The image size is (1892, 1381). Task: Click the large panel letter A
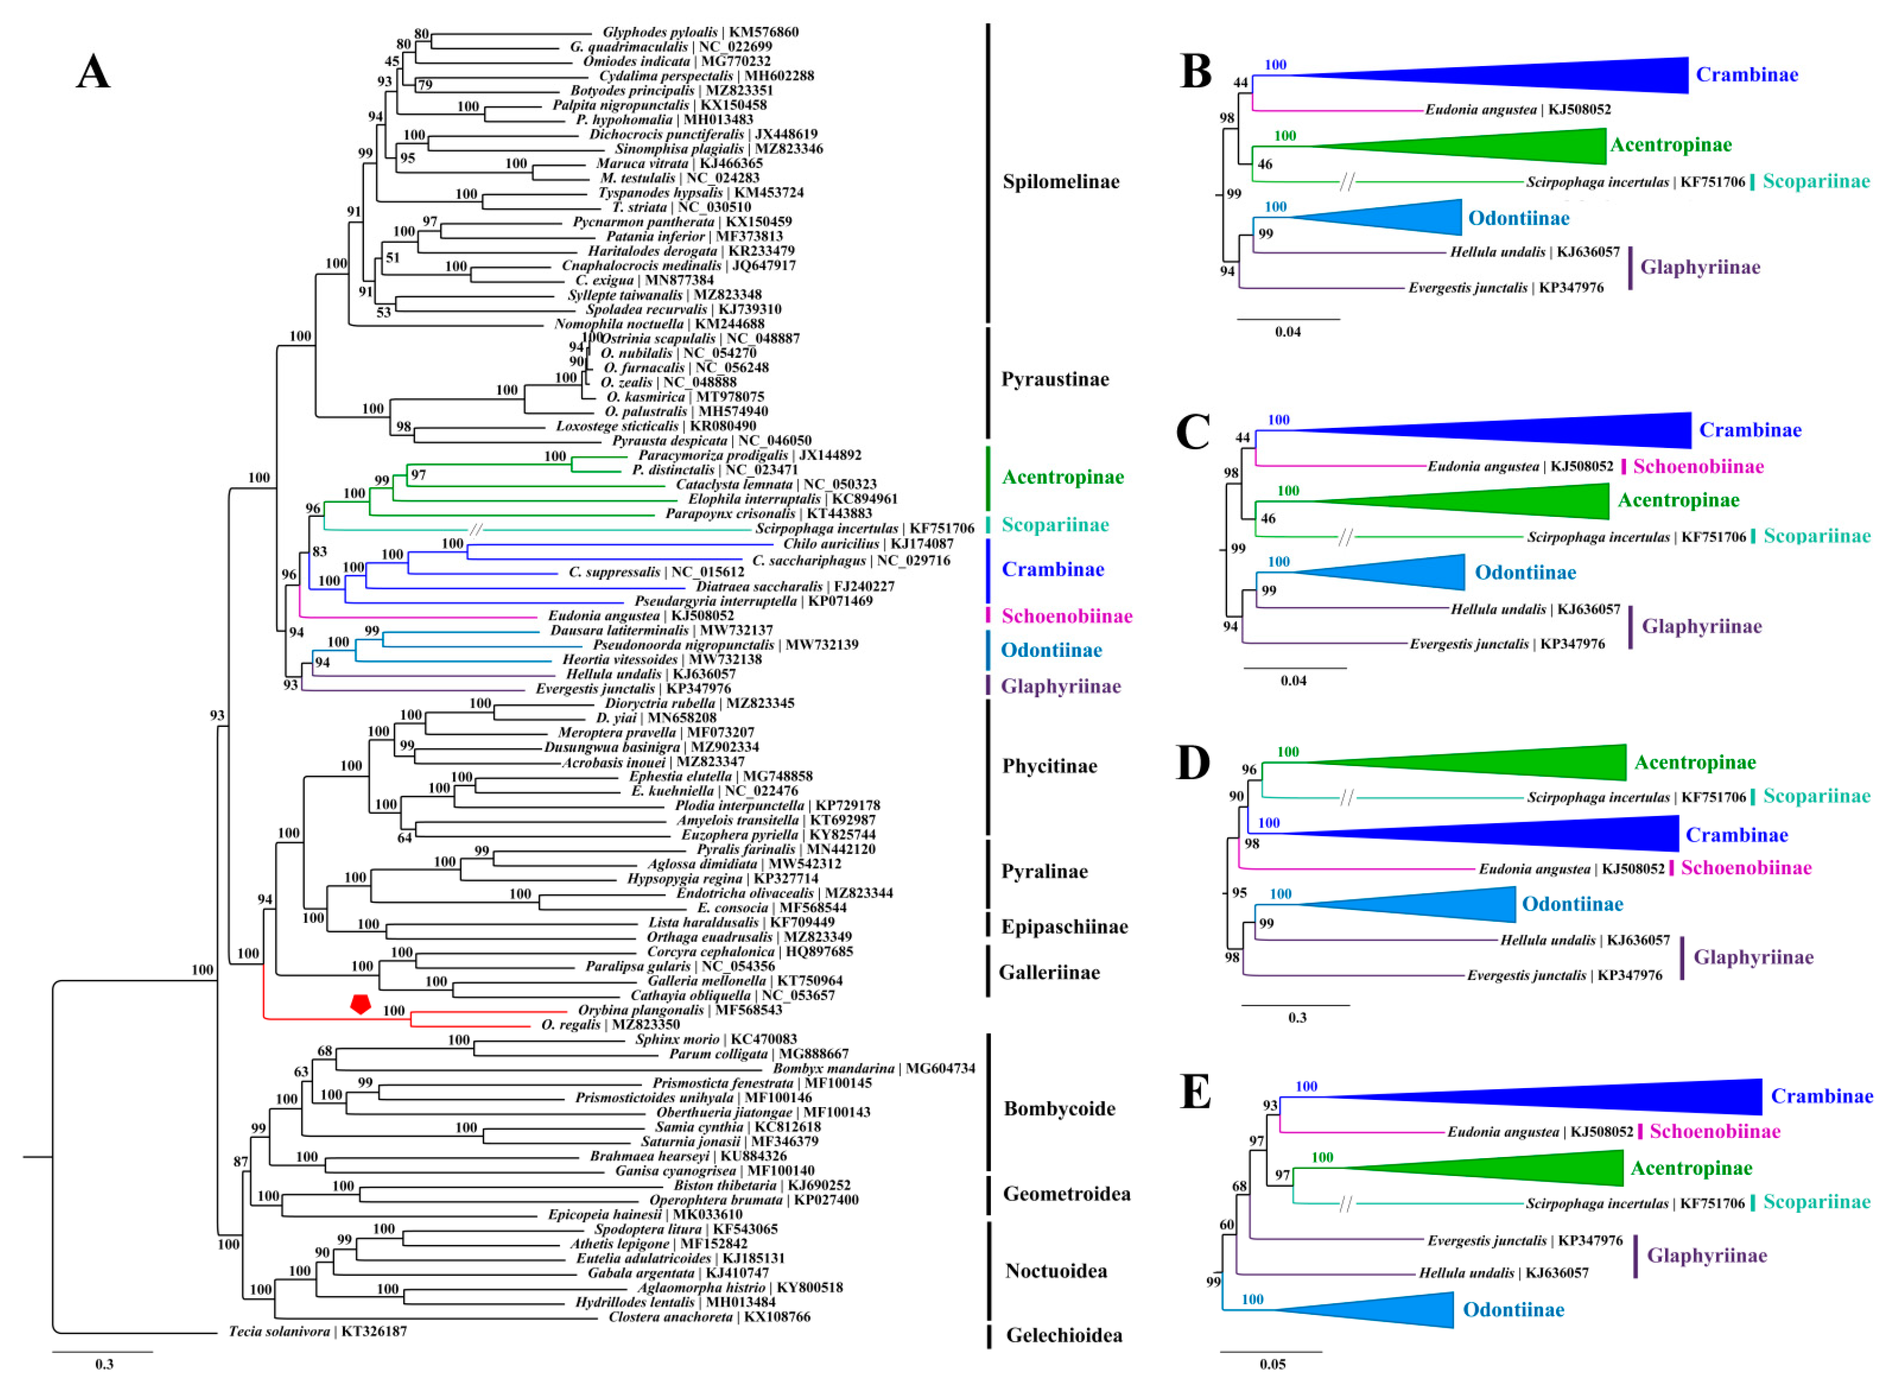pos(93,72)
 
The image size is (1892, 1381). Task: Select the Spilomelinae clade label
pos(1060,181)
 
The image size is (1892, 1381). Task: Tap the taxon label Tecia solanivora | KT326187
pos(318,1331)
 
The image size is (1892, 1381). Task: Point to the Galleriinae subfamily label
pos(1049,972)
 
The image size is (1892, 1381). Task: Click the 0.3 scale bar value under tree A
pos(104,1364)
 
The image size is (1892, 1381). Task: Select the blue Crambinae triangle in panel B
pos(1505,75)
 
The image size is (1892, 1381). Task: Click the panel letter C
pos(1192,432)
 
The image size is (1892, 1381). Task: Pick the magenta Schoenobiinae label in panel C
pos(1698,466)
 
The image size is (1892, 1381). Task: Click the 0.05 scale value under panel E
pos(1273,1364)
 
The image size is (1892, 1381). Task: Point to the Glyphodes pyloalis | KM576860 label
pos(701,32)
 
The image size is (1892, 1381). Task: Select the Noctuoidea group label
pos(1056,1271)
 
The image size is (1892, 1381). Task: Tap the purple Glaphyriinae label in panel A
pos(1060,687)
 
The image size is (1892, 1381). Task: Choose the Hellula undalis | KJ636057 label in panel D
pos(1585,940)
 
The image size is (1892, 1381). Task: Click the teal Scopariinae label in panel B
pos(1816,181)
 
